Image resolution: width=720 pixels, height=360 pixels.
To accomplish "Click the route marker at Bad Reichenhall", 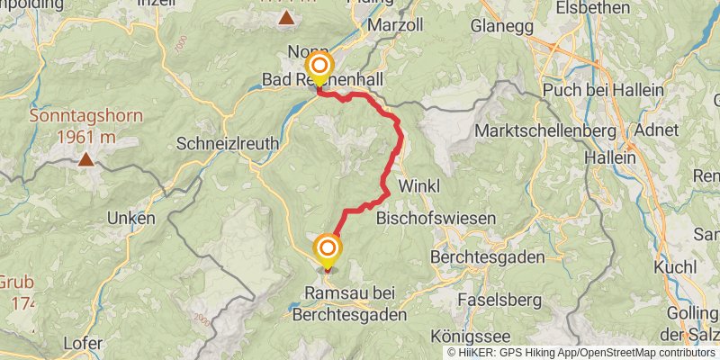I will (x=319, y=67).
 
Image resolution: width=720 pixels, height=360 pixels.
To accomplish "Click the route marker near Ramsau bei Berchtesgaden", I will (x=328, y=248).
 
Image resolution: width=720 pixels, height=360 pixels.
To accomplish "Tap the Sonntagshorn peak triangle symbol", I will (x=85, y=160).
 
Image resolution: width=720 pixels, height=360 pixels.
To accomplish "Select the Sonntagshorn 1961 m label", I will (x=73, y=127).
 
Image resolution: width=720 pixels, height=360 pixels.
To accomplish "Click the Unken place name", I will (x=130, y=219).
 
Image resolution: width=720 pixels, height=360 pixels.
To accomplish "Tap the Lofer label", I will (x=83, y=343).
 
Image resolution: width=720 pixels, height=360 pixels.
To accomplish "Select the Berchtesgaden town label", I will (x=487, y=257).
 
